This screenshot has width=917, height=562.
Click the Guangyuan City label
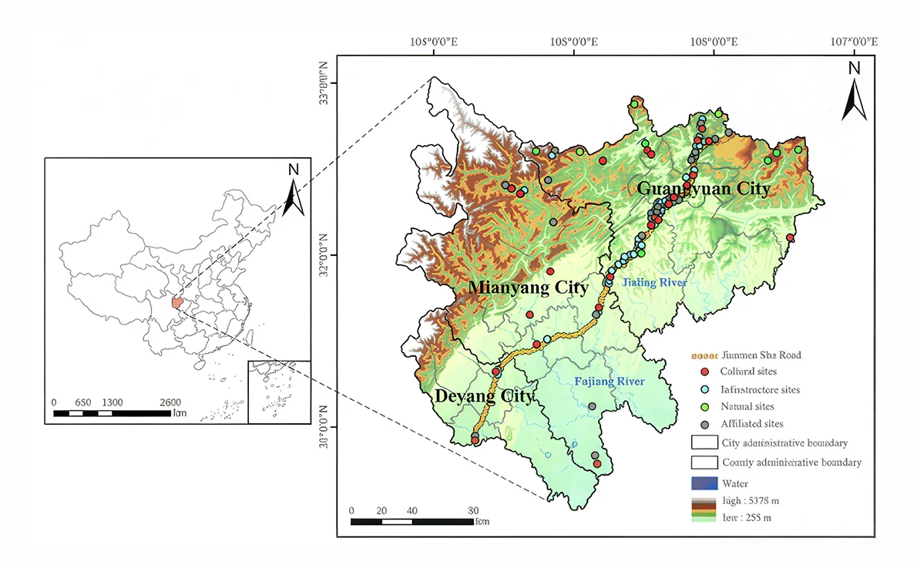pos(703,189)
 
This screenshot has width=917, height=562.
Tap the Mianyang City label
pos(529,288)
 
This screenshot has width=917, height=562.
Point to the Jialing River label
pos(654,283)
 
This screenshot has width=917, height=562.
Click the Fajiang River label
pos(610,382)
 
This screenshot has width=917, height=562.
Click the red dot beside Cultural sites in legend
pos(704,372)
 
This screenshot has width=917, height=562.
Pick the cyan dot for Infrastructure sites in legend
pos(704,389)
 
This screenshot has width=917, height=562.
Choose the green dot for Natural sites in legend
pos(704,406)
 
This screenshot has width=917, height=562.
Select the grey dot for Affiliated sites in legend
pos(704,423)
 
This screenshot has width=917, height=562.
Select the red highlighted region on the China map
pos(177,304)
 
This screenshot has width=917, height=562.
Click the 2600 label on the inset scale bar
pos(170,402)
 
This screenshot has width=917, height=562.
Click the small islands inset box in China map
pos(279,392)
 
